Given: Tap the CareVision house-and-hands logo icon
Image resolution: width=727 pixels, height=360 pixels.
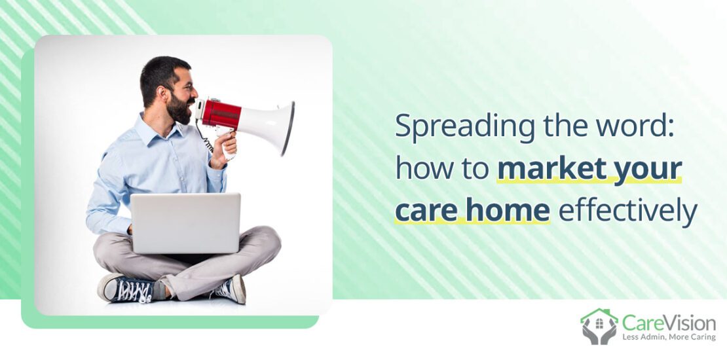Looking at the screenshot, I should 599,326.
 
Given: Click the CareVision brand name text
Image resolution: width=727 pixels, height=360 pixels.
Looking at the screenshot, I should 668,321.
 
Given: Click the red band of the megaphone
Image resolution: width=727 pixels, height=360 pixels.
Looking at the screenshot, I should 221,113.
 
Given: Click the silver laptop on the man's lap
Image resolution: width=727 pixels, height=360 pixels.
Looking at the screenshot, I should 185,223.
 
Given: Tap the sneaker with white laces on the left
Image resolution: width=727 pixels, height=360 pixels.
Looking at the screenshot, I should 124,288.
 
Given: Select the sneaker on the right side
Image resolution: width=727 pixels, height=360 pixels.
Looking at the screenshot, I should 231,288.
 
